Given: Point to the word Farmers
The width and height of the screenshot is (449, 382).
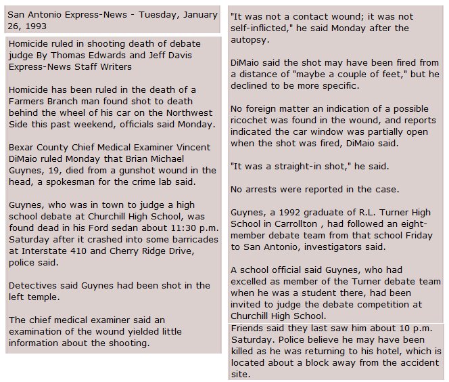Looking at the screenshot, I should (x=27, y=102).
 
